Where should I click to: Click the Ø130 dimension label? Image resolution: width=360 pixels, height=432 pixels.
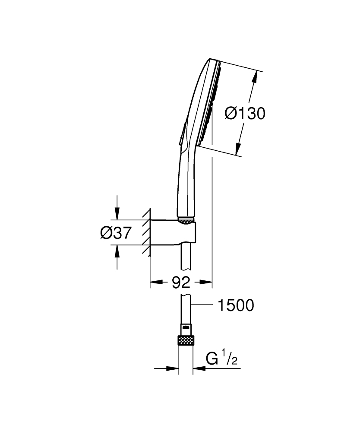point(245,114)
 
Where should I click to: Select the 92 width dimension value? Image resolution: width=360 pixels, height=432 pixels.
point(181,283)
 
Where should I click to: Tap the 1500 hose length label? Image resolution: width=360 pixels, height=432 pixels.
point(236,305)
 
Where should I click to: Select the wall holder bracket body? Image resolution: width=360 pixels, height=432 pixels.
point(173,233)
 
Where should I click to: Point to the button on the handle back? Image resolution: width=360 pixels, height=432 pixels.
point(183,132)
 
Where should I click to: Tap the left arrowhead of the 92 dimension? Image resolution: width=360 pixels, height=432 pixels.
point(155,283)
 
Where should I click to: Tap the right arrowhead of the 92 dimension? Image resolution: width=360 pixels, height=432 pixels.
point(208,283)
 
